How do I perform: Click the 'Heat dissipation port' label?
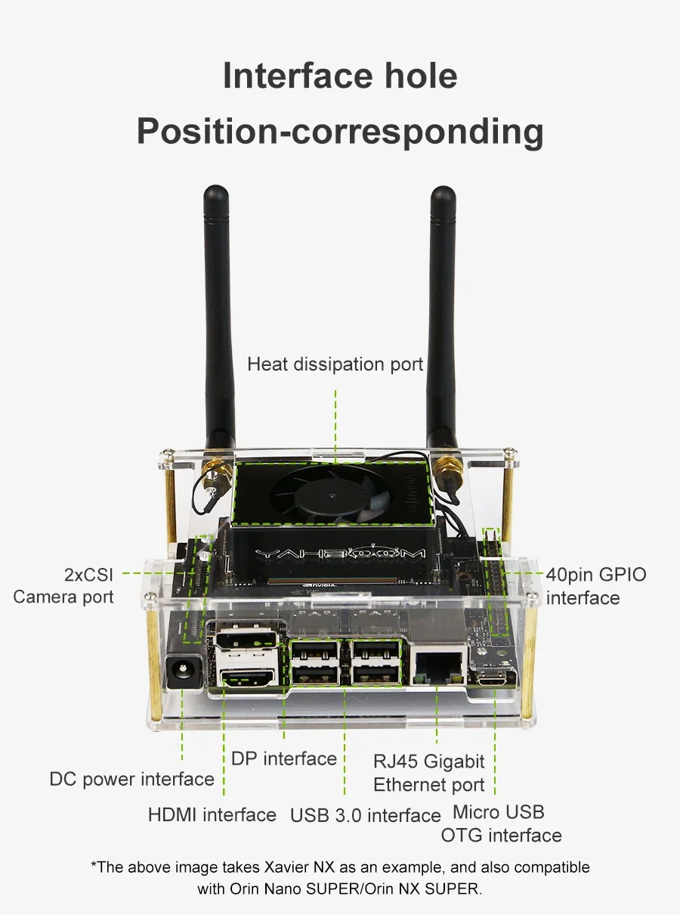[335, 364]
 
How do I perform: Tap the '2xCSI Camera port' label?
[63, 586]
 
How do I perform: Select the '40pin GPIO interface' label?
[596, 586]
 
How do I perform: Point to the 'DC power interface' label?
[132, 779]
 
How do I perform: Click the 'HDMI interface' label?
[212, 814]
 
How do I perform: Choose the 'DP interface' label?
[284, 758]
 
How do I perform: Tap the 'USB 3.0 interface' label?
[366, 815]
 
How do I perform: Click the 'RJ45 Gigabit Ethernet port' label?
[429, 772]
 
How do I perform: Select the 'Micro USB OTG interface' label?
[501, 823]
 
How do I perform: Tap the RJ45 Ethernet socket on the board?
[437, 664]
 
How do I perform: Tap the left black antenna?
[218, 318]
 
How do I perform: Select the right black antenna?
[443, 318]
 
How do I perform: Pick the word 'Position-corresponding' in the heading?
[340, 131]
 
